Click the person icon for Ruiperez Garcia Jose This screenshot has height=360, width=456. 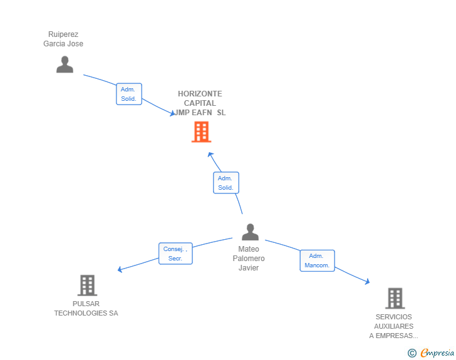65,64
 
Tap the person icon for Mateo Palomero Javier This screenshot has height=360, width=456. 250,232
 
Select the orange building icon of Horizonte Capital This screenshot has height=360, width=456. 201,132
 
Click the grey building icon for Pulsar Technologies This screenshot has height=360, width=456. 87,285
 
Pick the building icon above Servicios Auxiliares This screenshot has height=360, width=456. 395,299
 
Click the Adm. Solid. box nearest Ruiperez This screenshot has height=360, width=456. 129,94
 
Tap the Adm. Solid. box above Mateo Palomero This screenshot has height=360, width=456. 226,183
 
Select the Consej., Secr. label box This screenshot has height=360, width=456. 175,254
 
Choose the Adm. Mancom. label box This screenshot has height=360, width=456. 318,260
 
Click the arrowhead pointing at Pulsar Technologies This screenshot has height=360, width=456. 120,270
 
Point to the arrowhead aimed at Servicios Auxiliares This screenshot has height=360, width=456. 368,281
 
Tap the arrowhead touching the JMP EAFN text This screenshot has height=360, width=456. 172,113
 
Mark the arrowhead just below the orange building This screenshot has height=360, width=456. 210,155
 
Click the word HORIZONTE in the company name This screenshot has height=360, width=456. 200,94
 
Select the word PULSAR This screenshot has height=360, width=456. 86,304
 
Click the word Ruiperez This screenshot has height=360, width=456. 63,34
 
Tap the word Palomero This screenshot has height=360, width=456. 249,258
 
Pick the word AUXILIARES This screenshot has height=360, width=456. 394,326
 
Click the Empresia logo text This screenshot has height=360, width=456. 437,352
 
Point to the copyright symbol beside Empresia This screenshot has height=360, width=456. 412,353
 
